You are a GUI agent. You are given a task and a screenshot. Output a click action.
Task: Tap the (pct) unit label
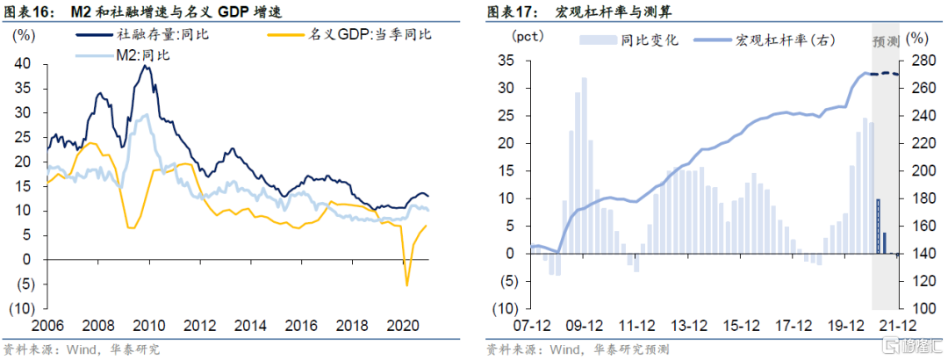pos(528,37)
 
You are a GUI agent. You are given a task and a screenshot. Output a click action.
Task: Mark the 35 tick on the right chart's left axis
pos(504,61)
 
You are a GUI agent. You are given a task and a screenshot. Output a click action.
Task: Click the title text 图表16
pos(27,11)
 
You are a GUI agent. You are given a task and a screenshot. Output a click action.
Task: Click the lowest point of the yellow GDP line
pos(406,284)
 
